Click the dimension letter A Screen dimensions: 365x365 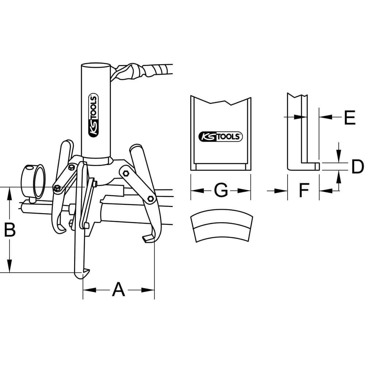[119, 289]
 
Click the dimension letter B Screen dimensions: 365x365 [10, 230]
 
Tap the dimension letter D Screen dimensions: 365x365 [357, 166]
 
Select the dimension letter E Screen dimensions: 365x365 [350, 117]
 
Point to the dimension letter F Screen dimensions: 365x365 [304, 190]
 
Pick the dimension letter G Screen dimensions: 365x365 [221, 191]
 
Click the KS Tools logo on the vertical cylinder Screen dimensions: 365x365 [93, 115]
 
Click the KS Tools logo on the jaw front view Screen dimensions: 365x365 [220, 137]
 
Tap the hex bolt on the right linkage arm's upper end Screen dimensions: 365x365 [126, 173]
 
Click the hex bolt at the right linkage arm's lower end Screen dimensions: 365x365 [151, 198]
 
